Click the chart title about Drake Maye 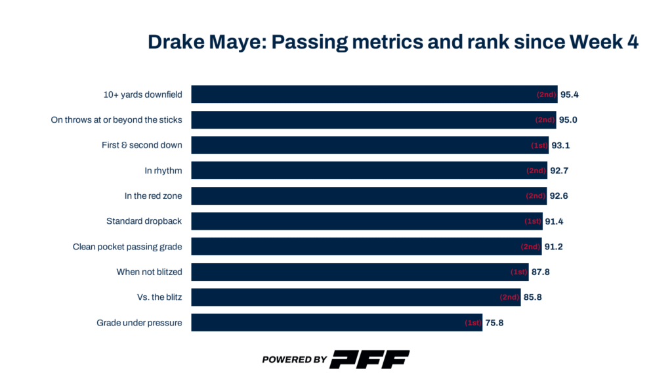[393, 42]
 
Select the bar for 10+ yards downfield [374, 94]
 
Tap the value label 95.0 [569, 120]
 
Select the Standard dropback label [144, 221]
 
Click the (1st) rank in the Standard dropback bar [533, 221]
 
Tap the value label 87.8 [540, 272]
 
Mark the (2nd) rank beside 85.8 [510, 297]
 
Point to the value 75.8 [494, 323]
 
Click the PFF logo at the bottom [369, 359]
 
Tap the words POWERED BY [294, 360]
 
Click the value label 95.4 [569, 94]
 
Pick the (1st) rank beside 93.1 [539, 145]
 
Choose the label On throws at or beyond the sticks [116, 120]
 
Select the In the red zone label [153, 196]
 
